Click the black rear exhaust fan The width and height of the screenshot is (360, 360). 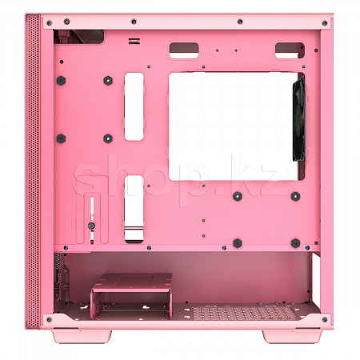(x=299, y=118)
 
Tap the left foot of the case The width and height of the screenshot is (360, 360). (x=82, y=336)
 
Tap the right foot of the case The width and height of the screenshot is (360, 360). (x=292, y=336)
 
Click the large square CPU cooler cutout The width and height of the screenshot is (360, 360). (x=234, y=126)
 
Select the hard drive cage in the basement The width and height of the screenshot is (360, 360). (x=131, y=296)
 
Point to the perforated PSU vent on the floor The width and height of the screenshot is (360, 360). (x=244, y=314)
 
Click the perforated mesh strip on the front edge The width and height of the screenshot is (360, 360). (x=33, y=171)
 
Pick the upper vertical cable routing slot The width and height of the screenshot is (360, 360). (x=134, y=106)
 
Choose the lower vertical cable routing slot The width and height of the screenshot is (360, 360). (x=134, y=209)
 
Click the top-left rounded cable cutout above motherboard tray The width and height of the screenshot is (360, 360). (x=184, y=50)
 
